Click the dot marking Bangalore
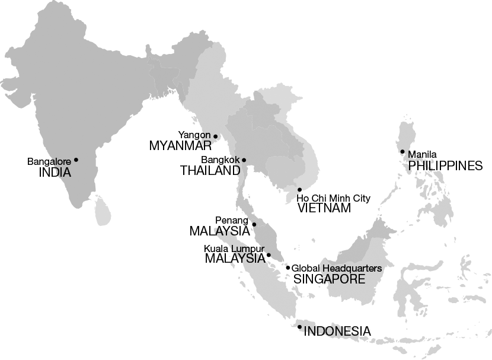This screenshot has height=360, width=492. coord(76,160)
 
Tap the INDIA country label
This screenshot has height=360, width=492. coord(55,173)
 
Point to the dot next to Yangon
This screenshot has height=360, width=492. coord(216,136)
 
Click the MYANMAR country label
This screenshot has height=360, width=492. coord(180,146)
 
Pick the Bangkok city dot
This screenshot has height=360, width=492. coord(244,160)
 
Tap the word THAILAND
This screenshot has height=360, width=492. coord(210,171)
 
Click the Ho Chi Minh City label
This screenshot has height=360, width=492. coord(333,198)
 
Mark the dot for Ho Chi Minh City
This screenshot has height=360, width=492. coord(299,190)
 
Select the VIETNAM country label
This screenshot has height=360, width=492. coord(324,208)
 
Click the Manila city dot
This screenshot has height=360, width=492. coord(402,152)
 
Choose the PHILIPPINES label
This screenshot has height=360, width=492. coord(446,165)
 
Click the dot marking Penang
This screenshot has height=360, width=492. coord(254,224)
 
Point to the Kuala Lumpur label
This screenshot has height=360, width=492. coord(234,249)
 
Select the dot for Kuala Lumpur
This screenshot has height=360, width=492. coord(269,256)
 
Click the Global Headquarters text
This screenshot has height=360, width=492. coord(336,268)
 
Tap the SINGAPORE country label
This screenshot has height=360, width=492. coord(330,279)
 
